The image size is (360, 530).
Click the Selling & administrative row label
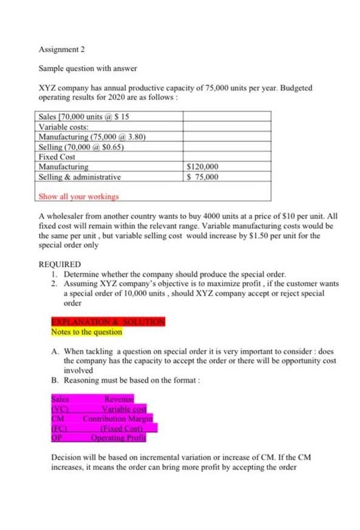pyautogui.click(x=79, y=177)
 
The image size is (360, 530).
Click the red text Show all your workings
pyautogui.click(x=78, y=197)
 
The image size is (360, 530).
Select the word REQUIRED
pyautogui.click(x=59, y=265)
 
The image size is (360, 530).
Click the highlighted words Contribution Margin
pyautogui.click(x=117, y=419)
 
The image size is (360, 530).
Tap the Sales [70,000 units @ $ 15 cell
pyautogui.click(x=80, y=116)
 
